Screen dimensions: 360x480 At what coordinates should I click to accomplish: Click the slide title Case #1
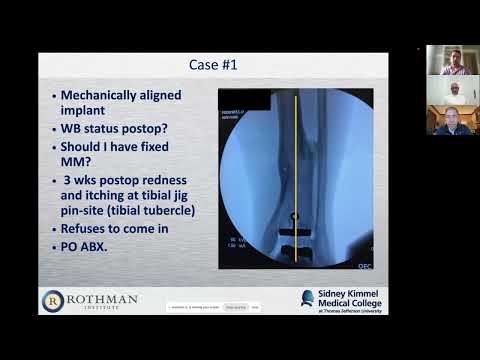pos(213,65)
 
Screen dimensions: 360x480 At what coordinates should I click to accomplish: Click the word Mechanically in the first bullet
pos(104,97)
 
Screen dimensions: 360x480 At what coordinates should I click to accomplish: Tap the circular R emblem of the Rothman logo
pos(52,300)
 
